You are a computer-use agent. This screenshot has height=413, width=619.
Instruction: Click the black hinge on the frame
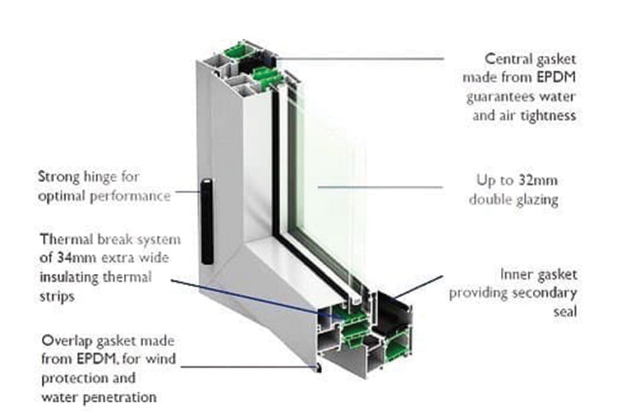click(207, 222)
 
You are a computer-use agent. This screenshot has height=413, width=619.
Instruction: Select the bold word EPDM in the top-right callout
click(556, 77)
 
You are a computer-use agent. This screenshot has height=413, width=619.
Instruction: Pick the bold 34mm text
click(76, 258)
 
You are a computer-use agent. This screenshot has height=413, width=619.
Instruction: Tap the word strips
click(58, 297)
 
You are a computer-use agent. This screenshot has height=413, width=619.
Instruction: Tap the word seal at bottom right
click(565, 312)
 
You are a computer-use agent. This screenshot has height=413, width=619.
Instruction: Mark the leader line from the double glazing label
click(380, 186)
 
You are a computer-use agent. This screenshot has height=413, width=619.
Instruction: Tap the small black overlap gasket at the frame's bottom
click(317, 368)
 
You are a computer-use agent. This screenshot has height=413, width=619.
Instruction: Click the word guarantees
click(500, 97)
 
